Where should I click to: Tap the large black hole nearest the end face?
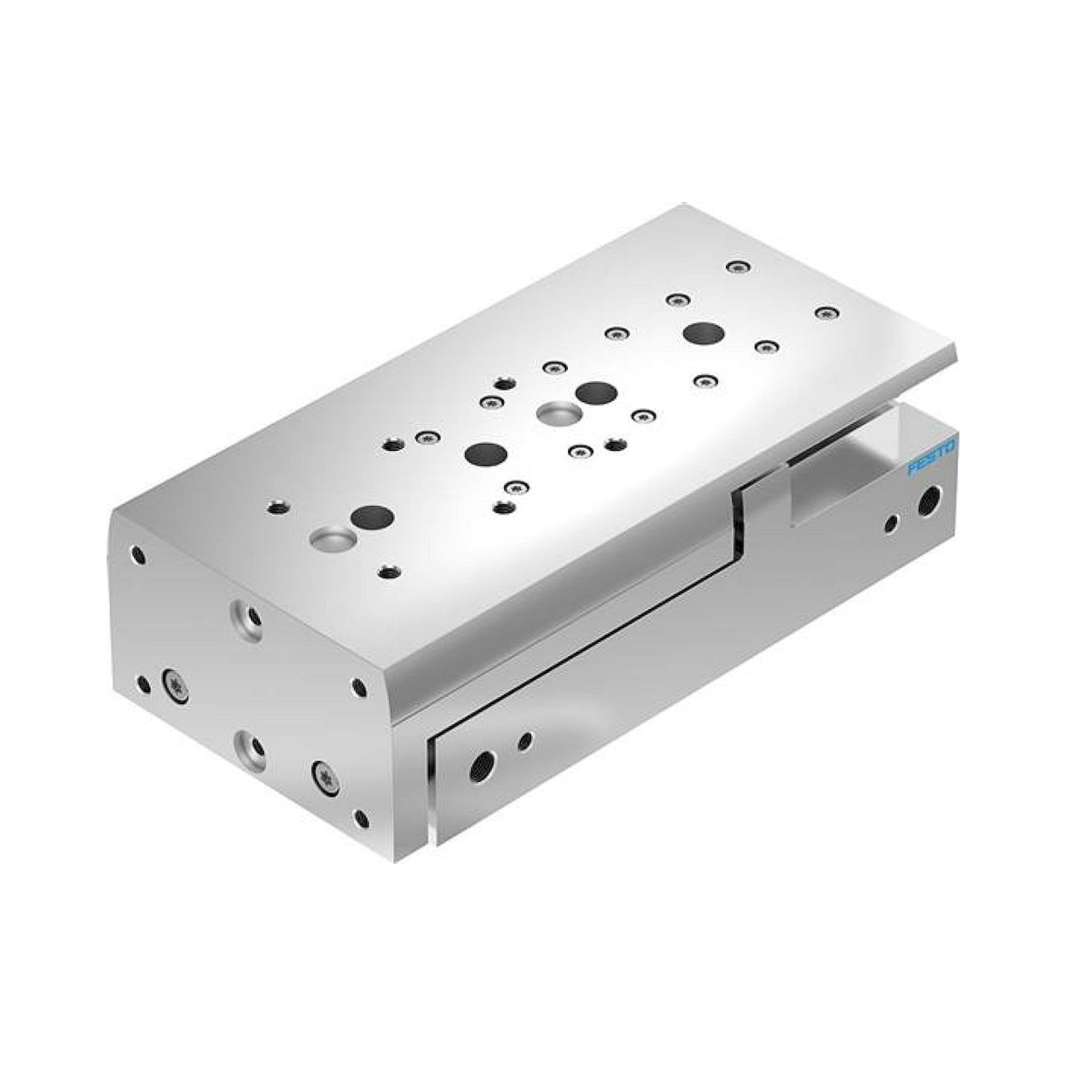374,517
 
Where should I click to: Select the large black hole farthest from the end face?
704,333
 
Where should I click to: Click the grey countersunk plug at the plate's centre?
558,413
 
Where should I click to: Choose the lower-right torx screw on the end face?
325,779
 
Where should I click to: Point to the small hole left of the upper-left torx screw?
143,685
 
